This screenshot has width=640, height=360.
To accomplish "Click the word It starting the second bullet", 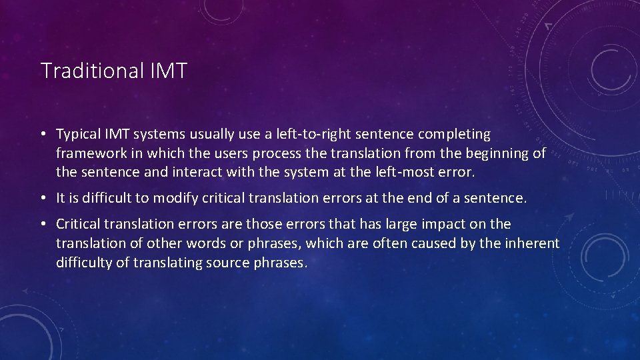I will [x=61, y=198].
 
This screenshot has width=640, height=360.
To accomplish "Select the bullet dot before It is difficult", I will [x=43, y=199].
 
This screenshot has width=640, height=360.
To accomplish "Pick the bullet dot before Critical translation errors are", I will [x=43, y=225].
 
